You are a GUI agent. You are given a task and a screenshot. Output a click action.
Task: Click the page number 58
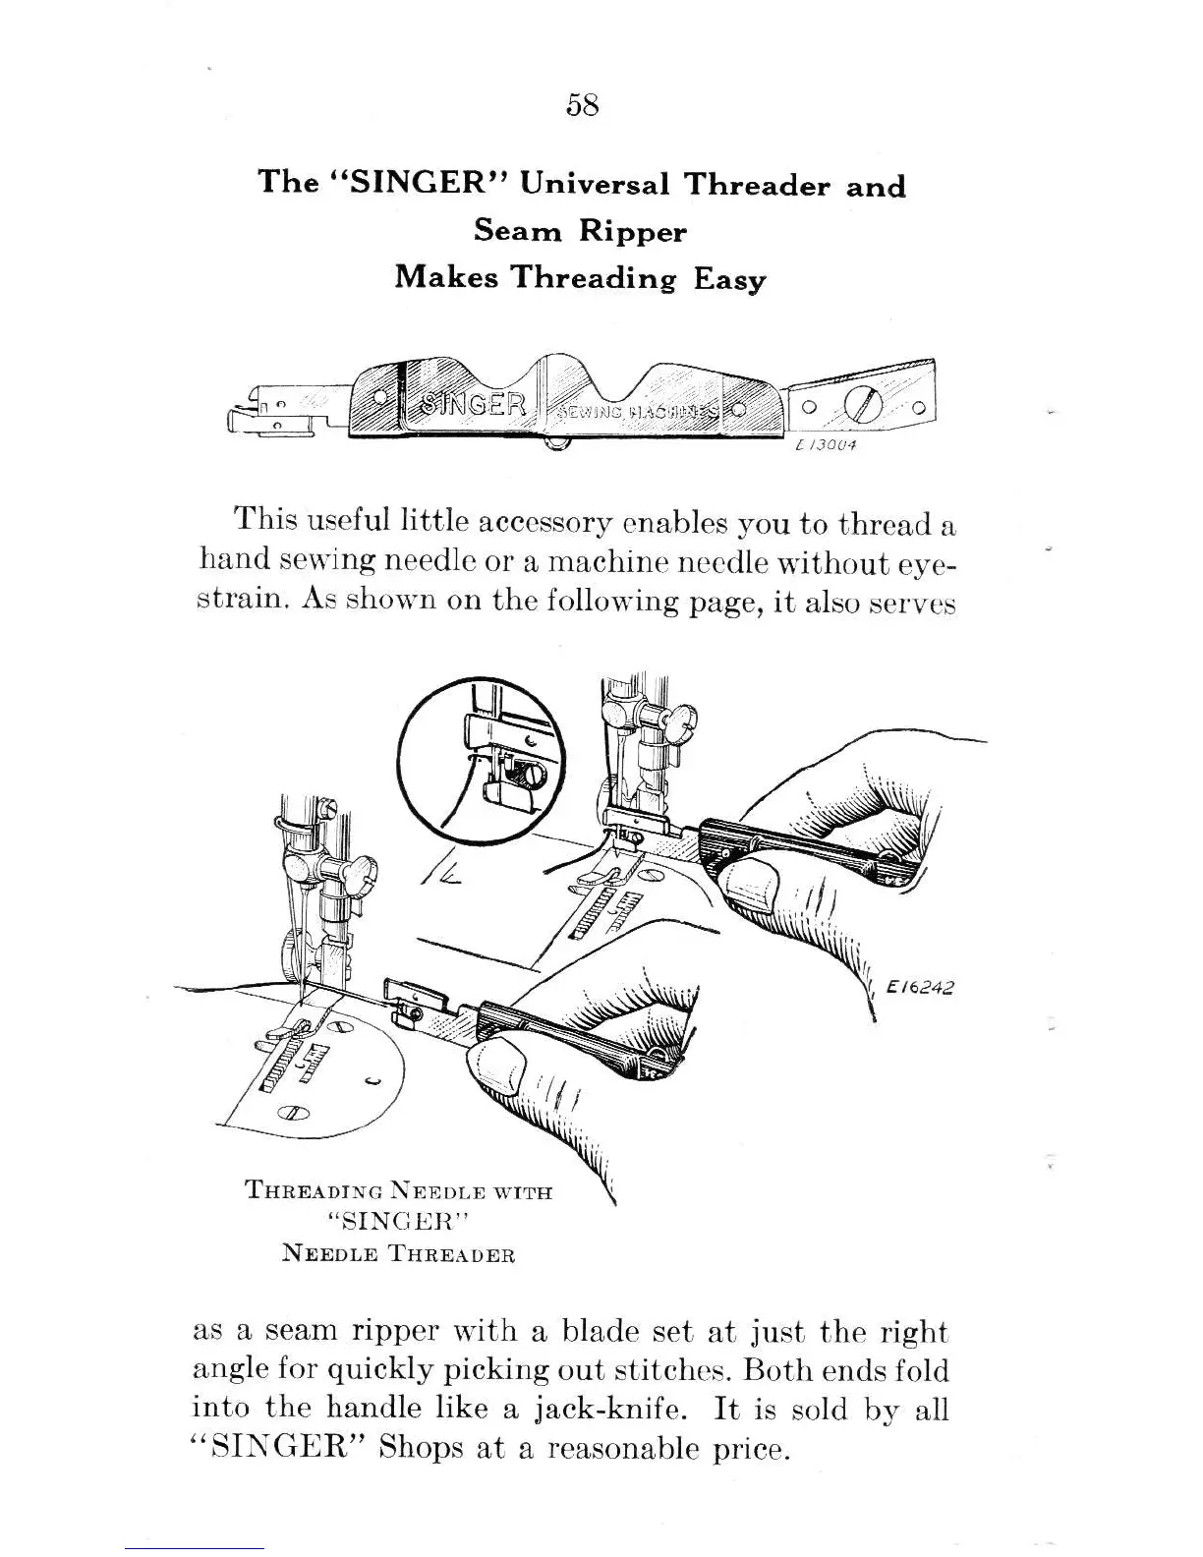pos(583,105)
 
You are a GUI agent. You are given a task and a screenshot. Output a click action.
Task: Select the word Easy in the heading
pos(729,279)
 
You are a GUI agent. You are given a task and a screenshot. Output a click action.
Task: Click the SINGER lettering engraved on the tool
pos(475,404)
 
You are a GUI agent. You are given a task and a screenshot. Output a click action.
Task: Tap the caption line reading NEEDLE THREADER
pos(398,1255)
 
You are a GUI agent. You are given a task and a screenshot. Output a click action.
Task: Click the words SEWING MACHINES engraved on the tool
pos(639,411)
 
